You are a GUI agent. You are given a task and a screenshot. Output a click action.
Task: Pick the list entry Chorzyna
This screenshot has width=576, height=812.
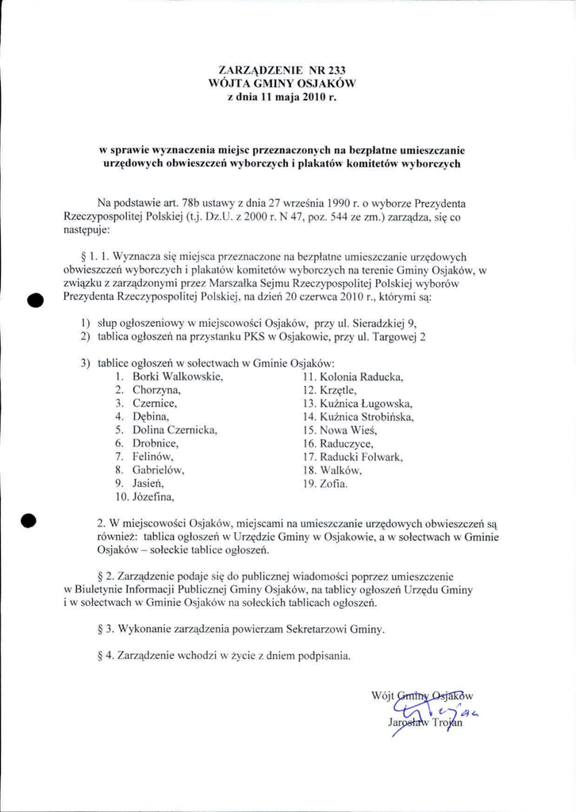(x=156, y=389)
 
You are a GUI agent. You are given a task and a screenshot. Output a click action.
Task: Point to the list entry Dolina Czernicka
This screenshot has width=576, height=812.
(x=175, y=430)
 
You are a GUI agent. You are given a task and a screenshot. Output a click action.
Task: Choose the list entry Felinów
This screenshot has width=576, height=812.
(x=152, y=457)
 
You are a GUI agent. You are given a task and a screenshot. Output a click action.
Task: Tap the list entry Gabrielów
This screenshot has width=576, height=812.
(x=158, y=470)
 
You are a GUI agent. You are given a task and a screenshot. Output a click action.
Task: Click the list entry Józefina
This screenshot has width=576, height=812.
(x=153, y=497)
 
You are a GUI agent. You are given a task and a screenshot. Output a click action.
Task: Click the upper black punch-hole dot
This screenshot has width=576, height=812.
(x=33, y=299)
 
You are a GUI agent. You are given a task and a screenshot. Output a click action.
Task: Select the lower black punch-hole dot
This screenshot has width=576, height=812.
(x=29, y=521)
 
